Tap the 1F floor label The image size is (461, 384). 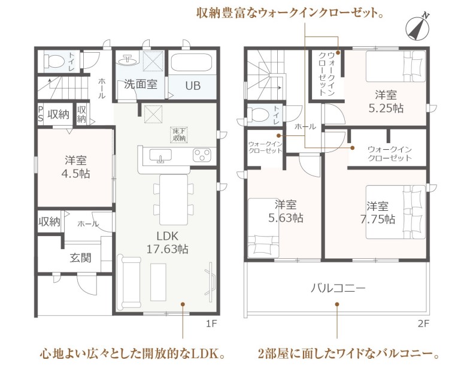pos(211,323)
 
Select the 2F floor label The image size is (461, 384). pos(423,323)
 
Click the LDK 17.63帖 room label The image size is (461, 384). pos(167,242)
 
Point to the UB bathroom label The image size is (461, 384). pos(193,86)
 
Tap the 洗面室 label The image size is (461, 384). pos(141,84)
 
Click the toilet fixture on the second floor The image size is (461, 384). pos(257,114)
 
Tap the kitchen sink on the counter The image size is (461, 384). pos(160,155)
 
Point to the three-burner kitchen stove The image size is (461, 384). pos(202,155)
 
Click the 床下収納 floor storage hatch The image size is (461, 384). pos(179,134)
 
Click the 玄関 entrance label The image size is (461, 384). pos(81,258)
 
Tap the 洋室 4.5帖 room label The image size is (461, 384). pos(75,167)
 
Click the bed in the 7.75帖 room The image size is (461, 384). pos(395,212)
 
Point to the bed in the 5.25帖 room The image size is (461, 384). pos(395,66)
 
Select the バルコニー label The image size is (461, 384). pos(338,288)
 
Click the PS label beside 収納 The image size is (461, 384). pos(41,114)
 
